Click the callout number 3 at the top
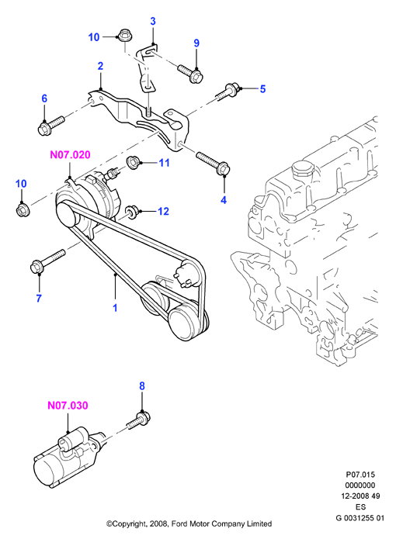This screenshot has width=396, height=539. coord(153,21)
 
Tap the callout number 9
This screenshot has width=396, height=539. coord(196,43)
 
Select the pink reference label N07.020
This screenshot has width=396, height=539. coord(70,154)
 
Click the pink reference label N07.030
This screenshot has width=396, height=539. coord(68,406)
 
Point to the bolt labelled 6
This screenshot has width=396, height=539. coord(50,126)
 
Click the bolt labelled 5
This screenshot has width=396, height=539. coord(226,92)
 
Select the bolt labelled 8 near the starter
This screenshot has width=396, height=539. coord(139,420)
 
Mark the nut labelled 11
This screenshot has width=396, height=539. coord(133,163)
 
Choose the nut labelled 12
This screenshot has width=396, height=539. coord(131,211)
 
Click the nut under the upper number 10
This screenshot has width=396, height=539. coord(123,36)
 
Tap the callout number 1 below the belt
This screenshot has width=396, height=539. coord(115,308)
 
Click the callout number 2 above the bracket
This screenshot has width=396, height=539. coord(100,66)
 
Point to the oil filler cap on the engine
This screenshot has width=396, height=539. coord(303,170)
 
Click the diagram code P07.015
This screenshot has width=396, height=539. coord(360,475)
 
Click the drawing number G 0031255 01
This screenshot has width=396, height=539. coord(360,518)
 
